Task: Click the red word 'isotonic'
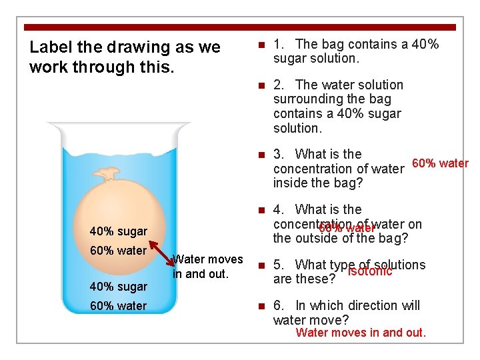[370, 271]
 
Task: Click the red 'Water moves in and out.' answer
[361, 333]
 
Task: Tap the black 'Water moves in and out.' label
[207, 266]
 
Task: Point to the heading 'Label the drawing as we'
[125, 48]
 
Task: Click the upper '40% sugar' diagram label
[119, 231]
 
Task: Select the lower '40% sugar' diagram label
[119, 287]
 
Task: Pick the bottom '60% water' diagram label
[119, 306]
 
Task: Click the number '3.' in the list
[281, 154]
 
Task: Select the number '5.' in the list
[281, 265]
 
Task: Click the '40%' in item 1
[424, 44]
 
